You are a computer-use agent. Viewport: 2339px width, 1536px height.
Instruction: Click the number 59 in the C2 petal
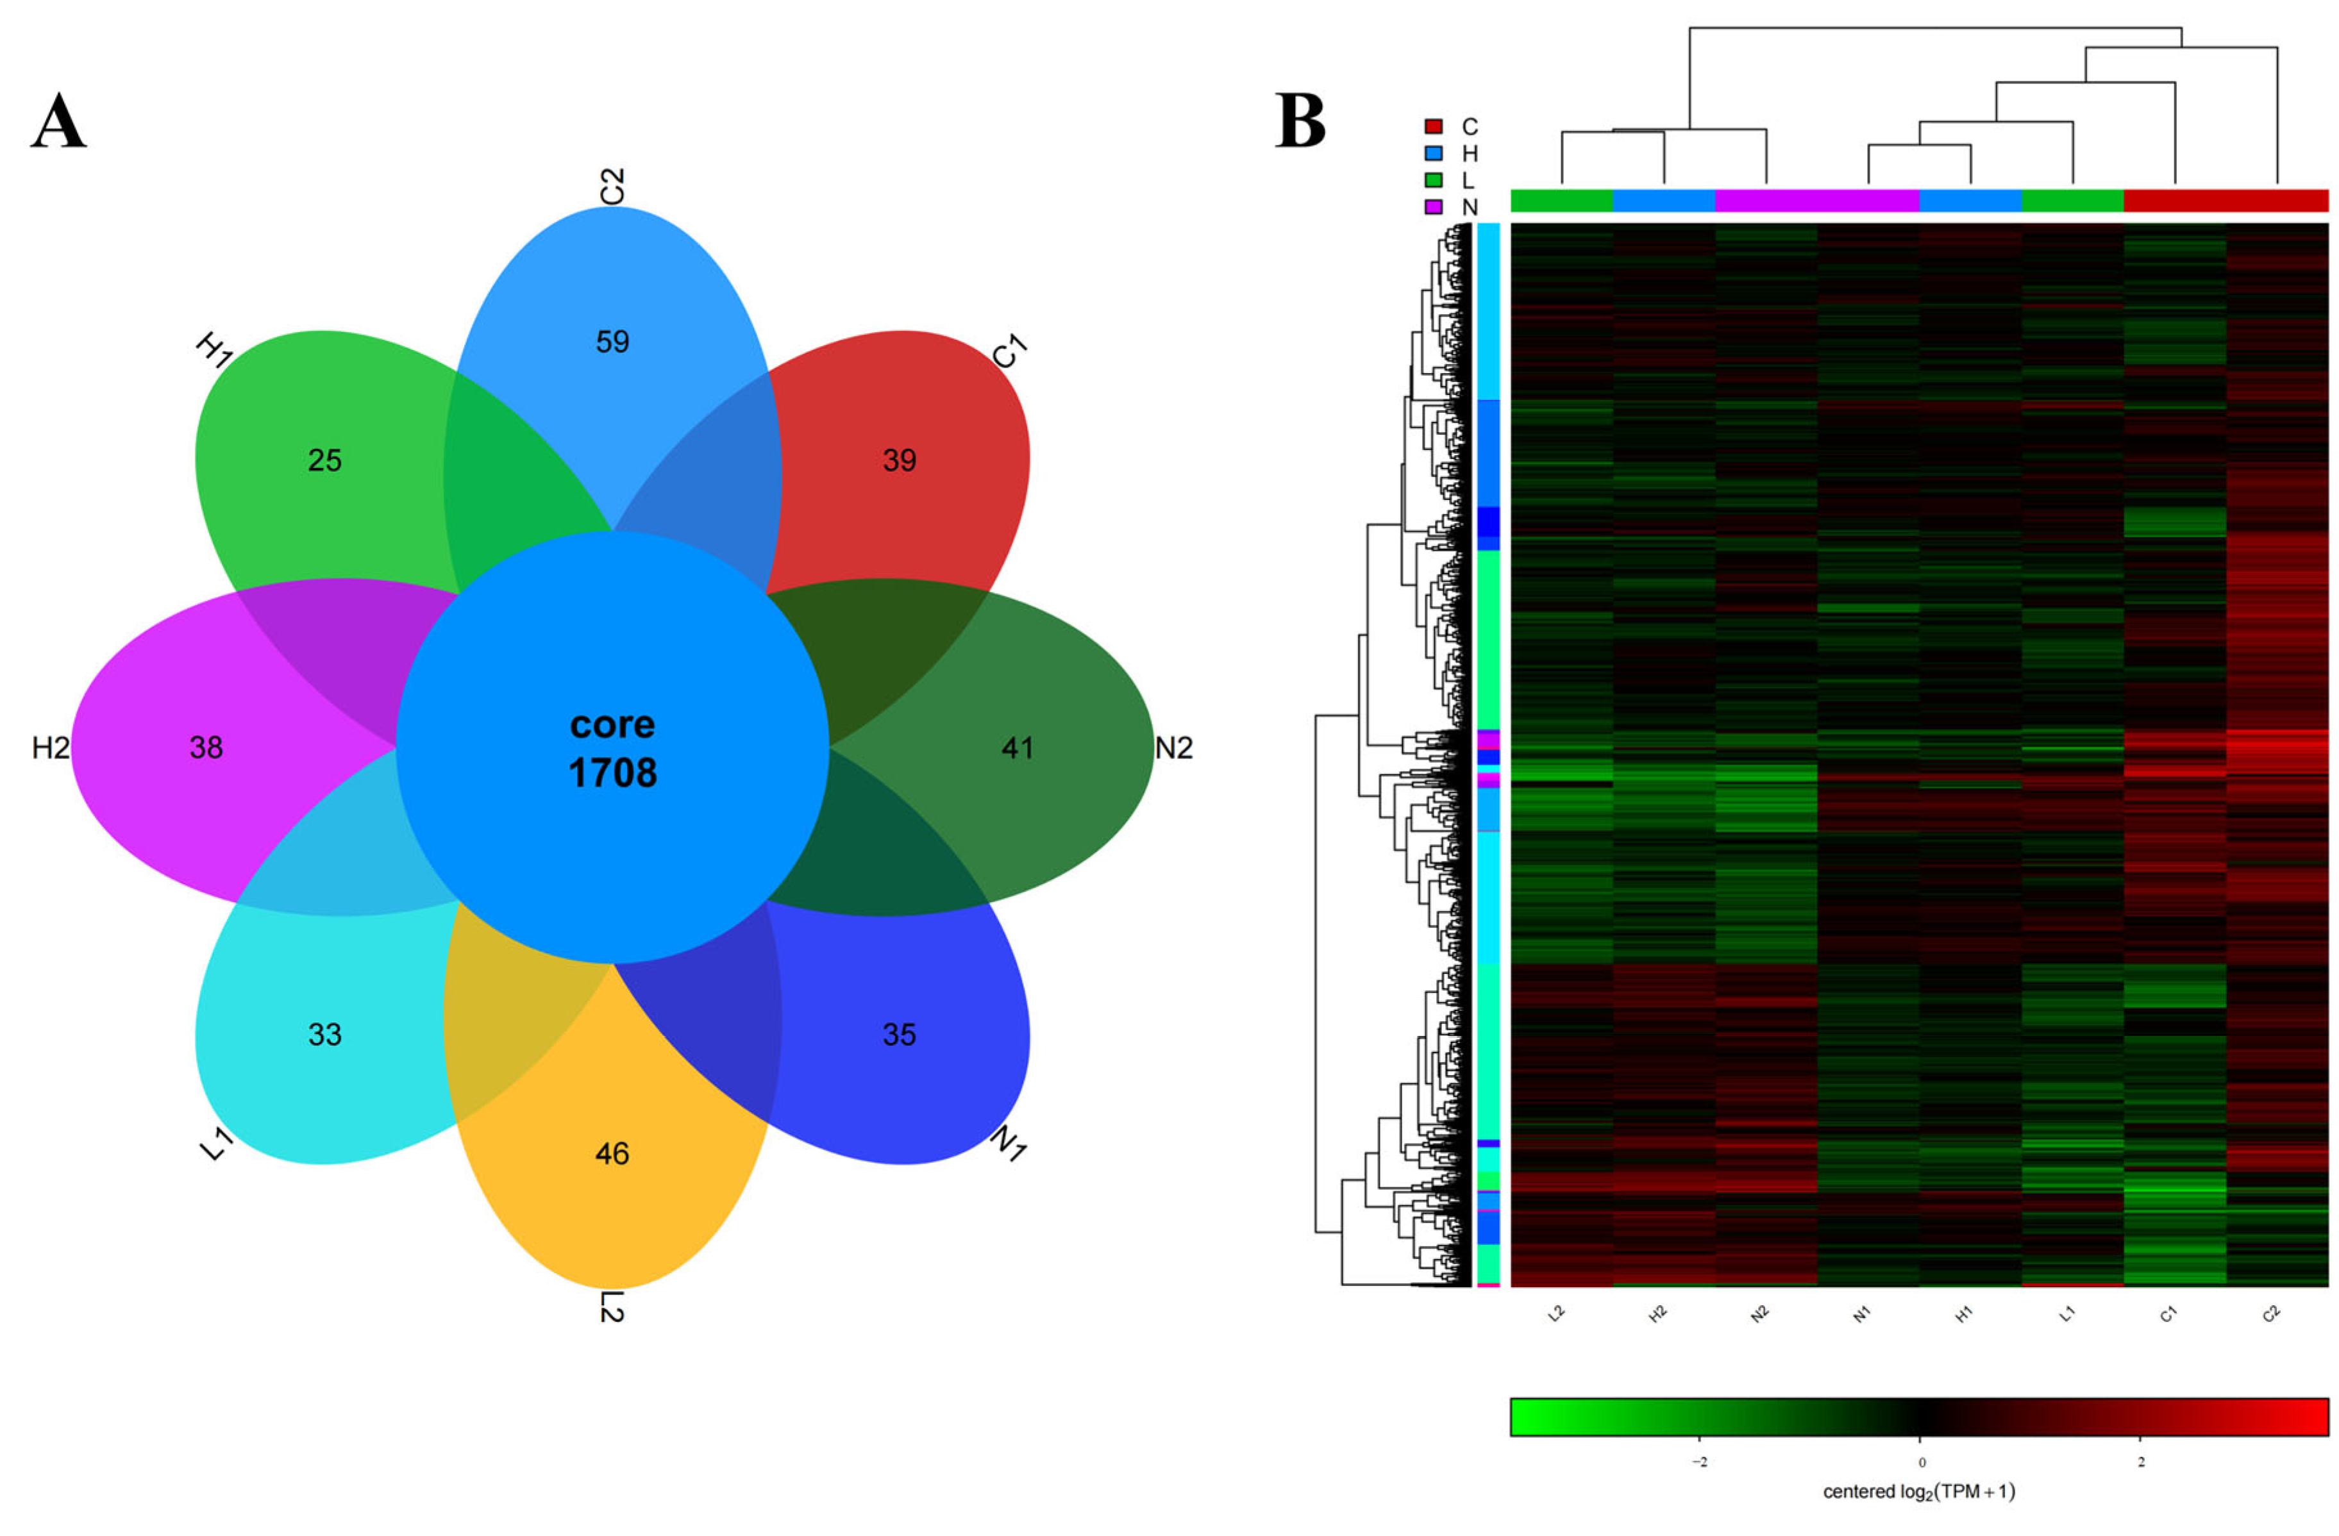click(612, 342)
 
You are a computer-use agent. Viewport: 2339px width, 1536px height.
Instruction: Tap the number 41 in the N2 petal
click(1017, 748)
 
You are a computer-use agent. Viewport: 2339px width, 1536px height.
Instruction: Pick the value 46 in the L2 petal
click(612, 1154)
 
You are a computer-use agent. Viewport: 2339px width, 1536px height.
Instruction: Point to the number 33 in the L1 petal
click(324, 1035)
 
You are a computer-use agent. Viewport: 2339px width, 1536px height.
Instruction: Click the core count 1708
click(612, 773)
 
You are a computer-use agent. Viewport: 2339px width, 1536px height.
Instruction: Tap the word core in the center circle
click(612, 724)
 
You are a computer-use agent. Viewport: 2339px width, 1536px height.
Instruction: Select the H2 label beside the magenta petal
click(51, 748)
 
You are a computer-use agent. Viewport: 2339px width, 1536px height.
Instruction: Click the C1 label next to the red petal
click(1009, 351)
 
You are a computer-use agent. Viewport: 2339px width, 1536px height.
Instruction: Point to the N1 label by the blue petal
click(1009, 1143)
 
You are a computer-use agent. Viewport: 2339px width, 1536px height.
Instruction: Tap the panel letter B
click(1300, 121)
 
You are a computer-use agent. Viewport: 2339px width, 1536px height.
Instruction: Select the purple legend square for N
click(1434, 206)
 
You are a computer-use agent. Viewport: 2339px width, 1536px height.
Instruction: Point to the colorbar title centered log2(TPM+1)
click(1918, 1492)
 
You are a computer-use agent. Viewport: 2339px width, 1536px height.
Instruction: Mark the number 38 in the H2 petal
click(206, 748)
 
